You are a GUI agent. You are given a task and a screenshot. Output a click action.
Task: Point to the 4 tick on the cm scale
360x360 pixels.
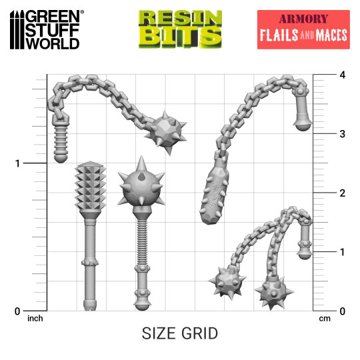[323, 75]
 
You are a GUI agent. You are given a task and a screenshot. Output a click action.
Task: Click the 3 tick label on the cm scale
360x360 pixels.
[323, 134]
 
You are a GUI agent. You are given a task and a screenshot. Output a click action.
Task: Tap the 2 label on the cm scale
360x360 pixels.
[323, 193]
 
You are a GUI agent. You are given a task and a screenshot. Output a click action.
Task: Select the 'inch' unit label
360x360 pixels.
[35, 319]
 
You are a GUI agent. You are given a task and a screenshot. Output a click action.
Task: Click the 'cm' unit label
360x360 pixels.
[325, 319]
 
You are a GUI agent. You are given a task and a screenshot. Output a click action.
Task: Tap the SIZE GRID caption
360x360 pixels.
[180, 333]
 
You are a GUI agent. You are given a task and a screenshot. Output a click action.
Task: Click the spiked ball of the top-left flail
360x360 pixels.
[163, 130]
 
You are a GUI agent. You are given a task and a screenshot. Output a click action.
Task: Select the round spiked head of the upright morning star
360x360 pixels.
[141, 187]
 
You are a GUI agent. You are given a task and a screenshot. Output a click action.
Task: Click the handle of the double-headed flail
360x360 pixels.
[305, 239]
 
